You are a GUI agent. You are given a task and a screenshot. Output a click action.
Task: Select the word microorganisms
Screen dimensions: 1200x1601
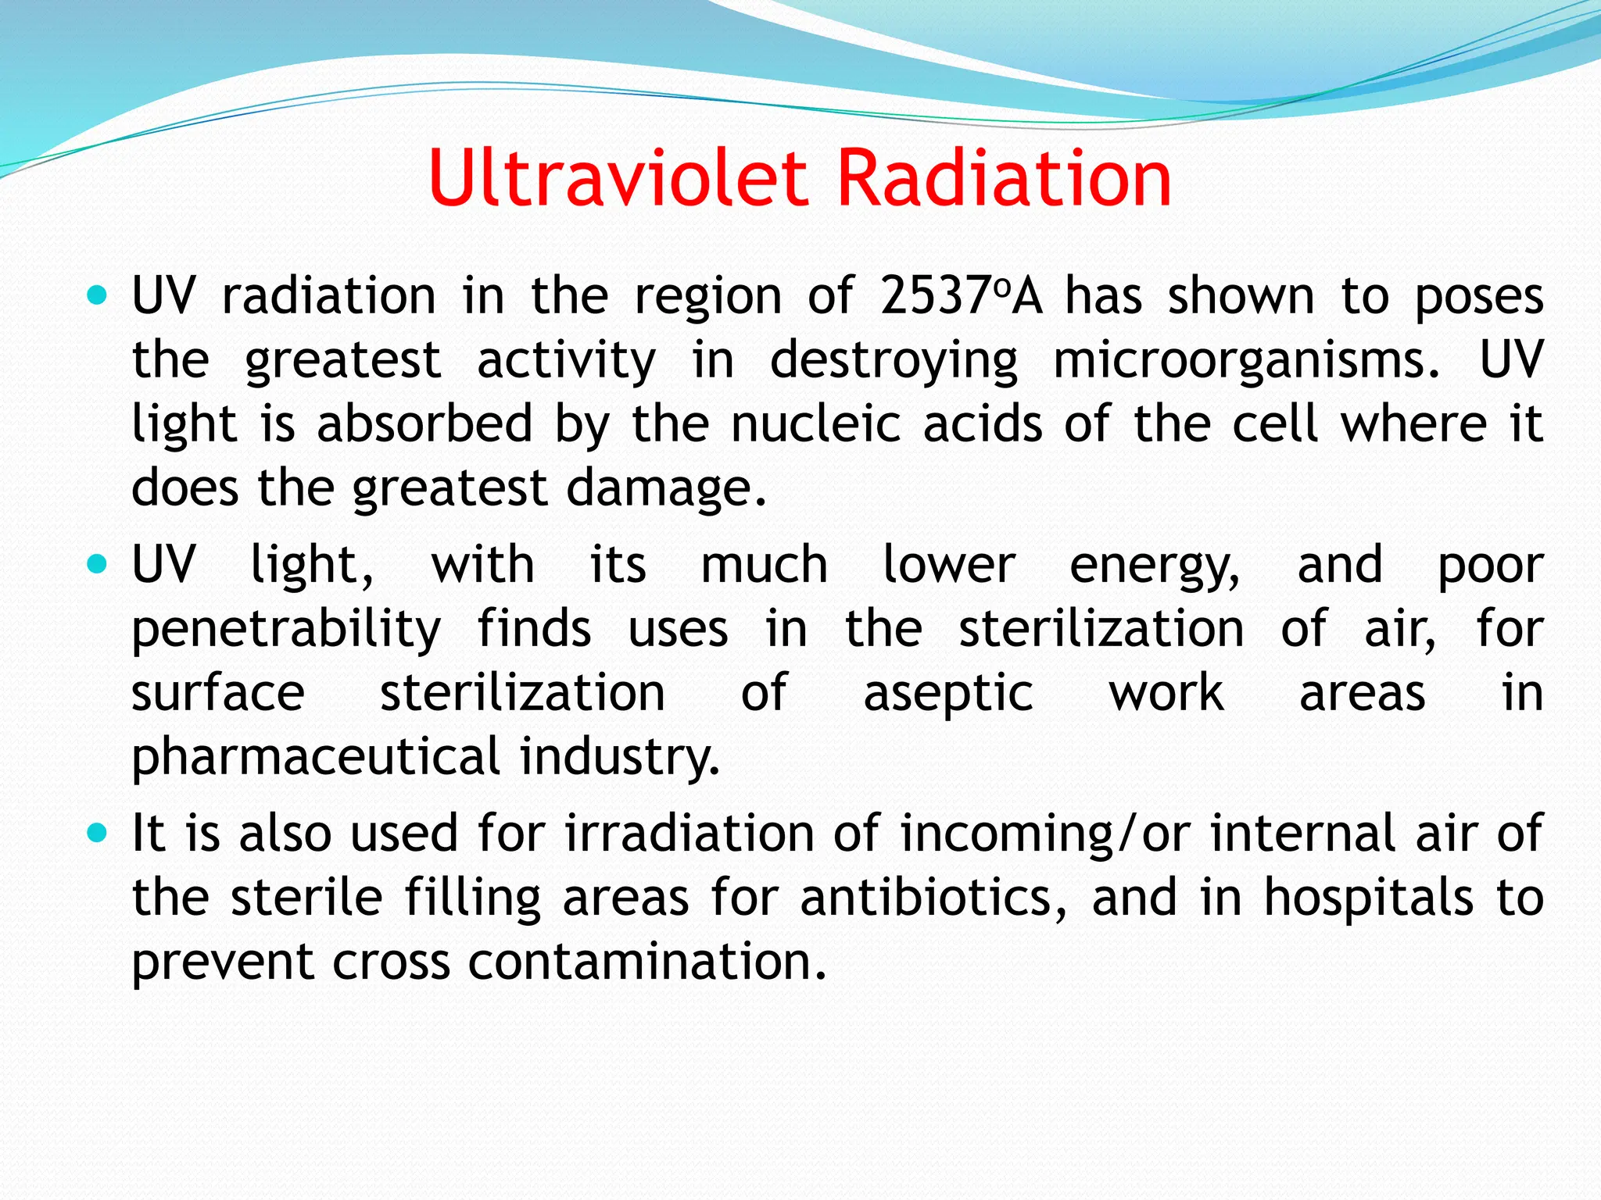click(x=1246, y=360)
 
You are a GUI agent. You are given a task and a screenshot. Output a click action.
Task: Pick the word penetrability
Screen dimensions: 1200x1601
click(x=286, y=630)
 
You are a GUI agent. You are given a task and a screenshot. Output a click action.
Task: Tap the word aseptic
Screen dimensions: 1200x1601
click(x=948, y=694)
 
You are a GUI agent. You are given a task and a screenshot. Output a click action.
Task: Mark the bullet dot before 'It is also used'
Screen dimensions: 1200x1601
click(x=97, y=833)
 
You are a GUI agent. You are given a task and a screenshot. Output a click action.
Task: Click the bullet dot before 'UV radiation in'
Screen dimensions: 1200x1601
click(x=97, y=297)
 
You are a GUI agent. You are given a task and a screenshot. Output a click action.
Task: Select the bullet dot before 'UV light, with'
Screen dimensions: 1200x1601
click(x=97, y=564)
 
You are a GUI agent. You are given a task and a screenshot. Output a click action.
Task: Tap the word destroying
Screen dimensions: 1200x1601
click(x=894, y=360)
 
